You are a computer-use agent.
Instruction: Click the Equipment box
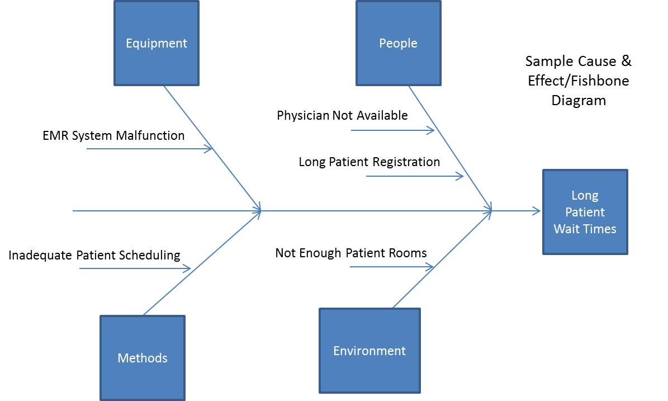point(157,43)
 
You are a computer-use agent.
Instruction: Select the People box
point(398,43)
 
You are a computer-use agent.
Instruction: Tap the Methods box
point(143,358)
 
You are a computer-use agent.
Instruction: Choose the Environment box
point(369,351)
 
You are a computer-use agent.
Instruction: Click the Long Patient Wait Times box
point(585,212)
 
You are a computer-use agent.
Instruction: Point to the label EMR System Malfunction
point(113,136)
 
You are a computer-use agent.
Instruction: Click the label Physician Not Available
point(342,116)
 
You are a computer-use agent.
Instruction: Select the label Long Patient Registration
point(369,162)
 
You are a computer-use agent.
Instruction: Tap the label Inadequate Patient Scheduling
point(94,256)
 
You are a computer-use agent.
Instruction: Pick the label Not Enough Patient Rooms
point(351,253)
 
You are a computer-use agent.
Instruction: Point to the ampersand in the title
point(626,61)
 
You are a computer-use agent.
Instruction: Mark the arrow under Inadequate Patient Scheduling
point(134,268)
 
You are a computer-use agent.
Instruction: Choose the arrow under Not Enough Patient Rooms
point(391,267)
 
